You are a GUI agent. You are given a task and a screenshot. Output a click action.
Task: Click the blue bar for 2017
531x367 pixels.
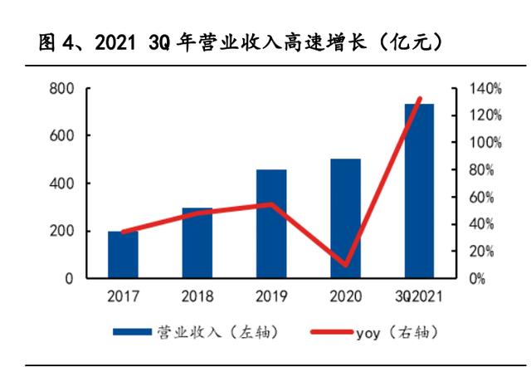[x=123, y=255]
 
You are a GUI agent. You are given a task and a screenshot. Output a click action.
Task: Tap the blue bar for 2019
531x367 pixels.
[x=271, y=224]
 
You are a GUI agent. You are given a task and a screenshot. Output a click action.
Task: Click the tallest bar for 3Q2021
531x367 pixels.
[x=420, y=191]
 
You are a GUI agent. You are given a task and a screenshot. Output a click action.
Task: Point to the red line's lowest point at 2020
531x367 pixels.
[x=345, y=266]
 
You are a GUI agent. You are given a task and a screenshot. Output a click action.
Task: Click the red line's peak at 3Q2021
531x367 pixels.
[x=420, y=99]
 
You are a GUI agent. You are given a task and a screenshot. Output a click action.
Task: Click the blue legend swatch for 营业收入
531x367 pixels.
[x=134, y=333]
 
